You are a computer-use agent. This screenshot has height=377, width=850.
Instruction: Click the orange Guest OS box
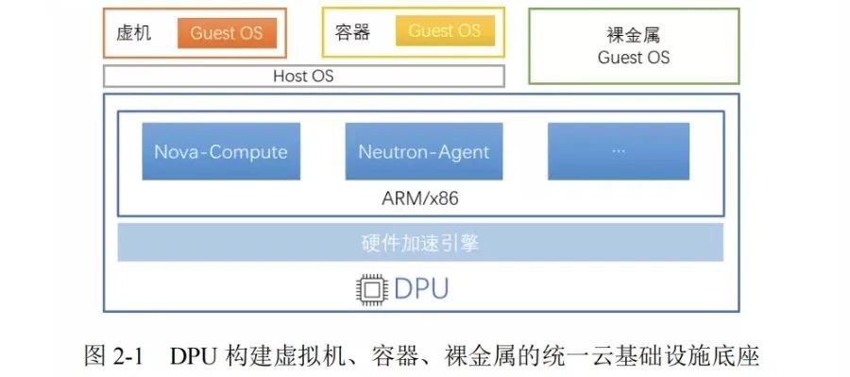coord(226,33)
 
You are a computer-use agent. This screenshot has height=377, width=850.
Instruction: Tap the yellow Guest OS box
coord(445,31)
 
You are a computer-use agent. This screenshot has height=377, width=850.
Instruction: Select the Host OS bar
coord(303,77)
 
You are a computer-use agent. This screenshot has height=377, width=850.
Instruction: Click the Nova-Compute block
coord(221,151)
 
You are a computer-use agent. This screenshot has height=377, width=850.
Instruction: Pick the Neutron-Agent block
coord(424,151)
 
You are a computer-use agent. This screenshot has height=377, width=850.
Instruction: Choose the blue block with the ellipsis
coord(619,151)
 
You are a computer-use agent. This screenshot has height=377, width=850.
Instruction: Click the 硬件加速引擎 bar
coord(420,243)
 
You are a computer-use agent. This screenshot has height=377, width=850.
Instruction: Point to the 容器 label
coord(351,32)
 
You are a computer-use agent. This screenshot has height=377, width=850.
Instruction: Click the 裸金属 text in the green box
coord(634,37)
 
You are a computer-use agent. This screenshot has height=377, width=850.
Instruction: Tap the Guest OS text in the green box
coord(634,58)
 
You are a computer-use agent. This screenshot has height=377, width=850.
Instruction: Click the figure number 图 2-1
coord(112,356)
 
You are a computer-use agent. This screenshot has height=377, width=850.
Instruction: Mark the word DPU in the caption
coord(195,356)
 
